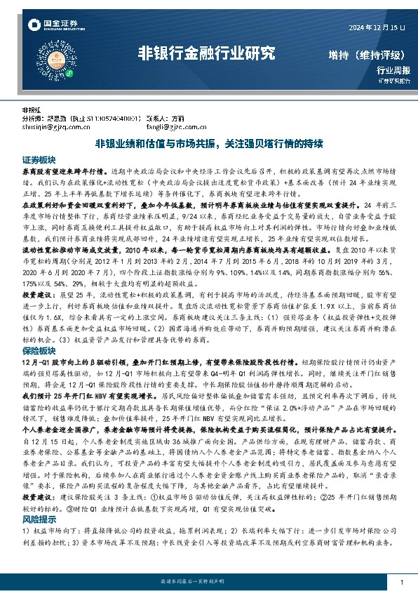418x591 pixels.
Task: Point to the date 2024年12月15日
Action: pyautogui.click(x=377, y=26)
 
